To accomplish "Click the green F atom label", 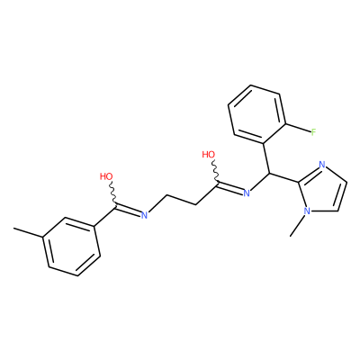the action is [313, 131].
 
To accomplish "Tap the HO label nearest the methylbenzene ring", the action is [106, 176].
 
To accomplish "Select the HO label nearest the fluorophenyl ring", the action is [209, 155].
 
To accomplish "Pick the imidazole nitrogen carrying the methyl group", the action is [307, 211].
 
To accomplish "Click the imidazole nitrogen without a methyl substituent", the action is [322, 165].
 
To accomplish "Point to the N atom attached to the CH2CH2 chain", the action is [144, 215].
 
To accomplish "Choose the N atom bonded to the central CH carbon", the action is [247, 193].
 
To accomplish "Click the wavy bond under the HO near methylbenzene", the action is [112, 193].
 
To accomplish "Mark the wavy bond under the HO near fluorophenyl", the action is [215, 171].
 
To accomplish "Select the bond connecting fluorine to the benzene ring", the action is [299, 127].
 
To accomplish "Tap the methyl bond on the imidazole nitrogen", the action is [298, 226].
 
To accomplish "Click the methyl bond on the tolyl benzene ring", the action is [29, 233].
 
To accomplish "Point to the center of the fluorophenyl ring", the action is [257, 114].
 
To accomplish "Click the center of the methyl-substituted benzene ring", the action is [72, 247].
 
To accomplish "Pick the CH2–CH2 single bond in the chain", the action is [182, 200].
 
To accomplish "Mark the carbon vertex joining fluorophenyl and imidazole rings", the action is [269, 174].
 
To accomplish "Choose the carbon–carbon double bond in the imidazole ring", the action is [343, 196].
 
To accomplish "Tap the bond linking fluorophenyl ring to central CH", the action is [266, 157].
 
